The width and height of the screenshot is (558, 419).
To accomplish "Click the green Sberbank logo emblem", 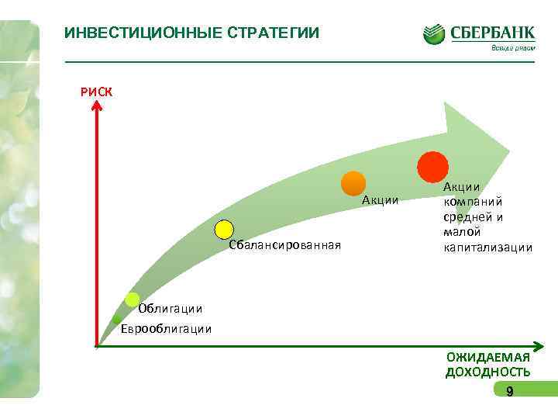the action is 434,34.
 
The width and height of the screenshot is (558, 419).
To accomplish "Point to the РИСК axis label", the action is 96,92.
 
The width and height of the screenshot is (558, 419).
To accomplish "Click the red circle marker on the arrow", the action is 432,166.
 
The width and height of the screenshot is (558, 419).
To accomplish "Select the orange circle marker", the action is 353,183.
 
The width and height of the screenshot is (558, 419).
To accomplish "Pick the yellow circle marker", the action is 224,229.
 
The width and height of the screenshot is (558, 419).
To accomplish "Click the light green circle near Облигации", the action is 133,300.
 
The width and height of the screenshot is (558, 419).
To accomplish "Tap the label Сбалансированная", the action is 285,246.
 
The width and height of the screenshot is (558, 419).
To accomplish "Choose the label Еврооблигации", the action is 166,328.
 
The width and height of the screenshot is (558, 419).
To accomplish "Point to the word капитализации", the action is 488,248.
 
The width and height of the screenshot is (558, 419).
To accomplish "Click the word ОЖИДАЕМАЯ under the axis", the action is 488,357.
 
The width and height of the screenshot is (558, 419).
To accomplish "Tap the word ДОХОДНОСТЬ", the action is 488,372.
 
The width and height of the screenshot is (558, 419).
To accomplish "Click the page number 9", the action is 509,392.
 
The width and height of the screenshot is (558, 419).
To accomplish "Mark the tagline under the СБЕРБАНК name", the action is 512,48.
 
